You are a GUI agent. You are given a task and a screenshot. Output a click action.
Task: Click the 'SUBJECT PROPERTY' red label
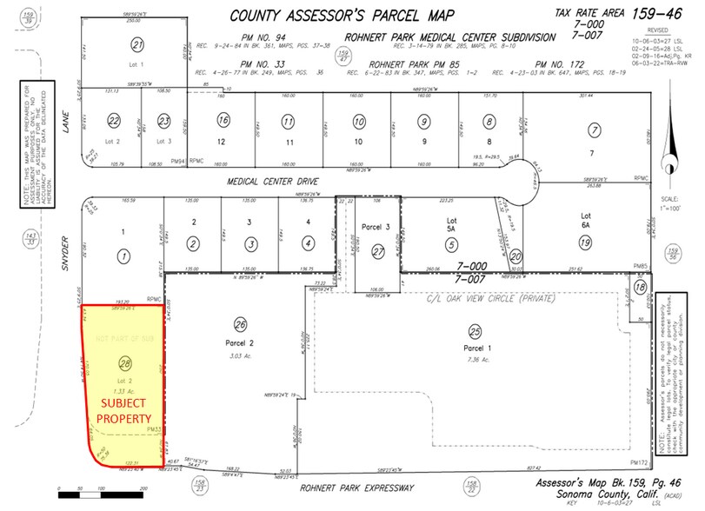125,410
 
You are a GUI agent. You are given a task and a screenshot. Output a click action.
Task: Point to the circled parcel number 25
475,331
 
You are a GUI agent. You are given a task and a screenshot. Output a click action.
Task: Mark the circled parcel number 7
595,129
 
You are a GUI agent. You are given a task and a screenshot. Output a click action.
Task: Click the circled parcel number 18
641,287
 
